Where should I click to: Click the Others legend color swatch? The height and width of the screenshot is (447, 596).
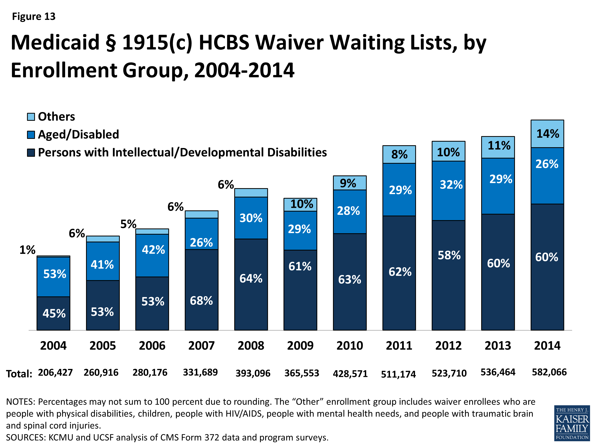click(31, 117)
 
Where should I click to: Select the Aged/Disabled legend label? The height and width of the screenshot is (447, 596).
click(78, 134)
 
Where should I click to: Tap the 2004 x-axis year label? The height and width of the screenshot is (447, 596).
click(53, 345)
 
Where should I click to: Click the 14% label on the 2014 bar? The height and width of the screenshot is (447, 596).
click(548, 134)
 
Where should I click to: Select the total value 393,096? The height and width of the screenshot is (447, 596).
click(253, 373)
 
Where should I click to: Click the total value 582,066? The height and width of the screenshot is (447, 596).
click(549, 372)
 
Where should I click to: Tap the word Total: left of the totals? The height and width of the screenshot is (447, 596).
click(19, 374)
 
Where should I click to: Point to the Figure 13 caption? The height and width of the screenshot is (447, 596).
click(34, 16)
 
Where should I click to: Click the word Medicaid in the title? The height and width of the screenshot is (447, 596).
click(55, 43)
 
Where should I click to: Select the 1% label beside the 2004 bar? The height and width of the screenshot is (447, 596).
click(27, 250)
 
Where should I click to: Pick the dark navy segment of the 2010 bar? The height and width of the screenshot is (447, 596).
click(349, 282)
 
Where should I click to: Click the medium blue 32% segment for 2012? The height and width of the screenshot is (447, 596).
click(448, 191)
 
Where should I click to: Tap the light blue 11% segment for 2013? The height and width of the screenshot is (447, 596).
click(498, 147)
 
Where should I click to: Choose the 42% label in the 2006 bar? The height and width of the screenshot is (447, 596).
click(153, 250)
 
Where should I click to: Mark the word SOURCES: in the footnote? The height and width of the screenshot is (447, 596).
click(26, 437)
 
